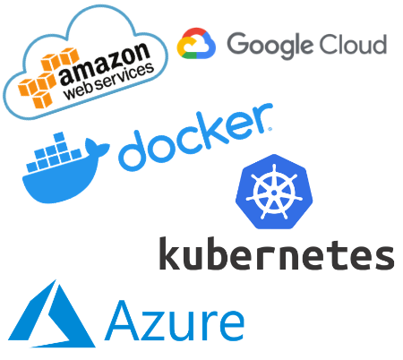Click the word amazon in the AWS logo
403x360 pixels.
[x=104, y=63]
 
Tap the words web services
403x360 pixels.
[x=108, y=81]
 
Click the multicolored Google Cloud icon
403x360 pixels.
[x=196, y=43]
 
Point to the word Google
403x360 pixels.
[x=270, y=46]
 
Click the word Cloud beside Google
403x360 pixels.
[x=353, y=45]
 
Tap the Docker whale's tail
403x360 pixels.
[x=96, y=147]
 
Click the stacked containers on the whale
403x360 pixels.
[x=54, y=153]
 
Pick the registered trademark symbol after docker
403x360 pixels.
[x=270, y=129]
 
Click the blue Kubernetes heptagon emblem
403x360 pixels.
[x=274, y=192]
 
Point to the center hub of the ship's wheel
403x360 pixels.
[x=274, y=193]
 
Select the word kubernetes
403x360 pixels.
[x=277, y=253]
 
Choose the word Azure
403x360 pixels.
[x=175, y=321]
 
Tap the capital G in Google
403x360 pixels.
[x=238, y=43]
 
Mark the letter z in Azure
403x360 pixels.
[x=156, y=326]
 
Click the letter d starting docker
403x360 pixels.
[x=134, y=152]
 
